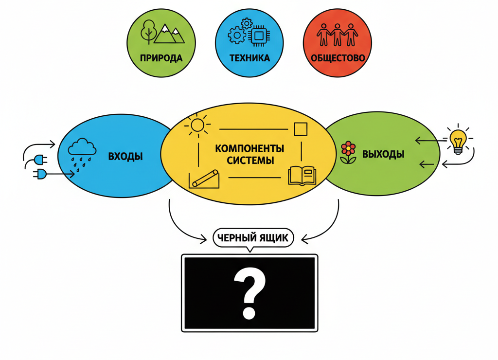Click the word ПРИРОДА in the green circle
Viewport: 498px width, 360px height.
(x=161, y=58)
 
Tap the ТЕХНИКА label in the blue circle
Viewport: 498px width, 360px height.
(x=249, y=58)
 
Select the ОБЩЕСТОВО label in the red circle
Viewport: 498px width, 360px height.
(x=338, y=58)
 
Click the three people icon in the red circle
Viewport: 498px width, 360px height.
(x=338, y=34)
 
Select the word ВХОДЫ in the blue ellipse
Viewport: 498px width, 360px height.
(x=125, y=157)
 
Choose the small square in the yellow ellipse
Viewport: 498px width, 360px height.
(x=301, y=129)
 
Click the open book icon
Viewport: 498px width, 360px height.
(x=302, y=176)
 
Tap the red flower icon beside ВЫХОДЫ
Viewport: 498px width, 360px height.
(x=348, y=152)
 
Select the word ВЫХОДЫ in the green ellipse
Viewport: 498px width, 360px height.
(x=383, y=155)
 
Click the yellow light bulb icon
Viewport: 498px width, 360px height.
(x=458, y=142)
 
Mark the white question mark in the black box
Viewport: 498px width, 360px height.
(x=249, y=294)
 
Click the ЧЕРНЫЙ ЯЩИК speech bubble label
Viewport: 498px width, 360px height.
(x=253, y=238)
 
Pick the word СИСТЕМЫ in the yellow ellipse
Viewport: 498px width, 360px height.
(x=249, y=160)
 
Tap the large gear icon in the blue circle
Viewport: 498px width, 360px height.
(x=237, y=36)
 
